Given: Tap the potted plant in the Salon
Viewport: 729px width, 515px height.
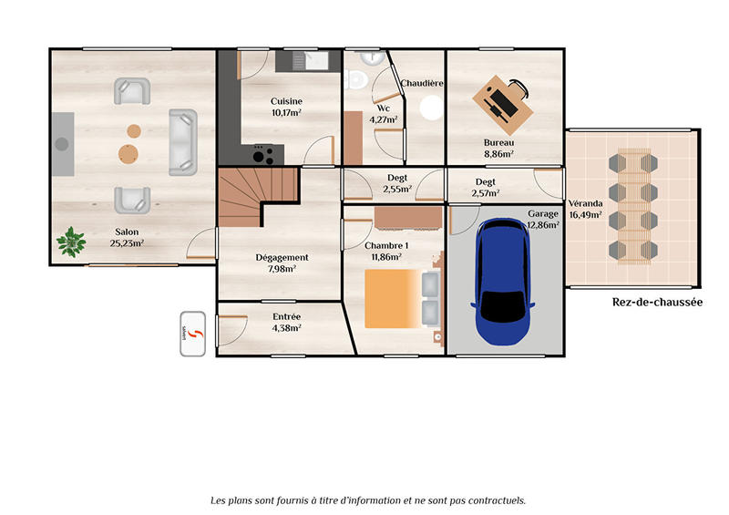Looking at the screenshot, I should (x=70, y=242).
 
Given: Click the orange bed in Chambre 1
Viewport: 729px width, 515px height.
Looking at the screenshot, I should (x=394, y=299).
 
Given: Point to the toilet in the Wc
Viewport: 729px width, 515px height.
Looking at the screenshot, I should (x=356, y=79).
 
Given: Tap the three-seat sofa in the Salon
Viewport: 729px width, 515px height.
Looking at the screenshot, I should (x=182, y=142).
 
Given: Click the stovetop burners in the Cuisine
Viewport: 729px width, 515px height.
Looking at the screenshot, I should (x=262, y=151).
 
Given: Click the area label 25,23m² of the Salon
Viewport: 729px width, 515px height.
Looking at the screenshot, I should (x=127, y=243).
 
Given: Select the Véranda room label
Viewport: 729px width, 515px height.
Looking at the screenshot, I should (x=584, y=203).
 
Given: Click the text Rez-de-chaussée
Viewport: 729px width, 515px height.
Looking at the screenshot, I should (x=657, y=303).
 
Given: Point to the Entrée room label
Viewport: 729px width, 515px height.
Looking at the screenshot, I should (x=287, y=316).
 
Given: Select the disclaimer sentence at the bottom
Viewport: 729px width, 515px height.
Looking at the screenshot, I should (x=367, y=500).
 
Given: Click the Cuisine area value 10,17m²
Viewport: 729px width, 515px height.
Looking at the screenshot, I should (x=286, y=113).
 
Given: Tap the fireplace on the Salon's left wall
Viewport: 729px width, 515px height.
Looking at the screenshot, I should (x=62, y=144).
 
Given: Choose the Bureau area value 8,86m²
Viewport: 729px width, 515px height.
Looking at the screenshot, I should (x=498, y=155).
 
